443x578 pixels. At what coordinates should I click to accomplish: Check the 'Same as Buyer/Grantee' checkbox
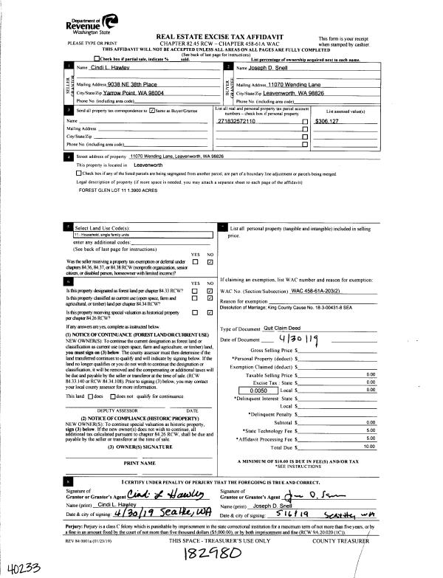pos(152,109)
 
